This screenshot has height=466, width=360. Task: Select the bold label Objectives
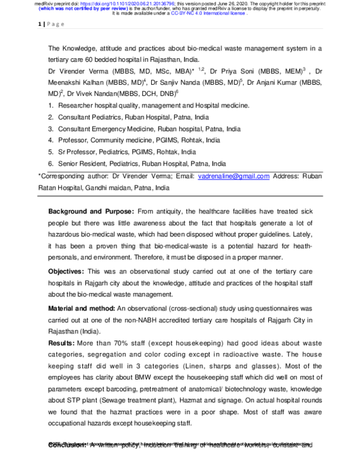[70, 271]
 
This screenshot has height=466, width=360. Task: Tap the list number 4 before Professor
[52, 140]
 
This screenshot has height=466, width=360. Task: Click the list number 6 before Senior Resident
[52, 163]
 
